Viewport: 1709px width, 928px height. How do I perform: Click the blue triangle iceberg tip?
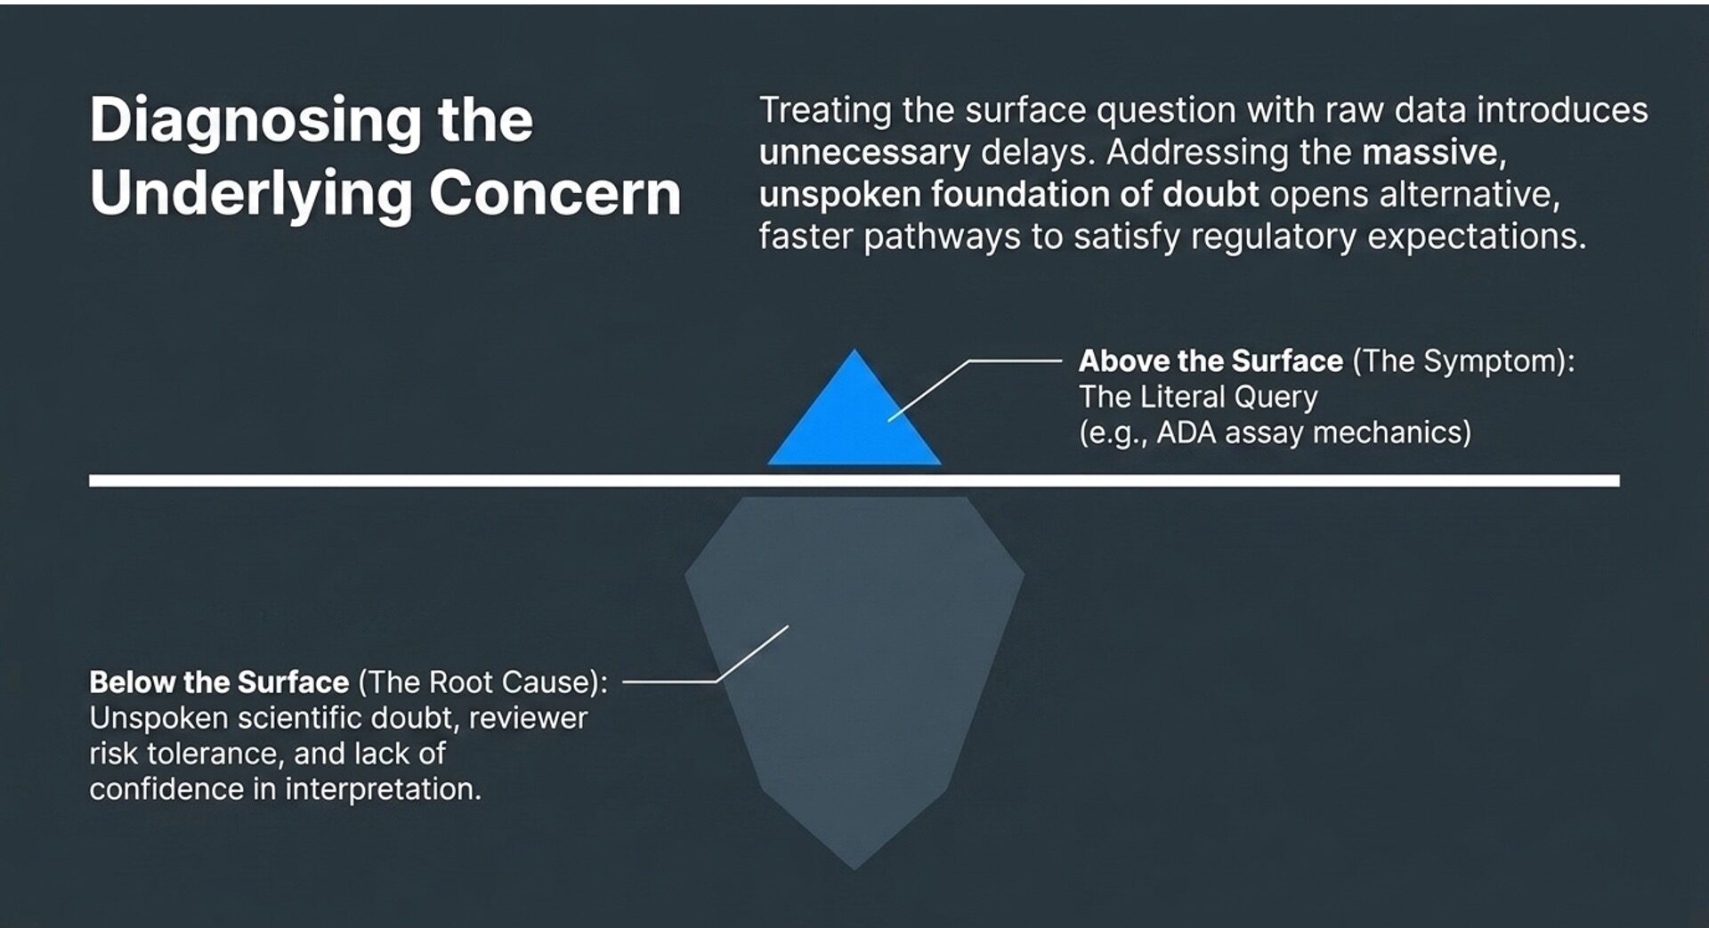854,418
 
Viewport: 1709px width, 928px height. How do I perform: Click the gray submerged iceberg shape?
854,676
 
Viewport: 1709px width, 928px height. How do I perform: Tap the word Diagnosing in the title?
255,122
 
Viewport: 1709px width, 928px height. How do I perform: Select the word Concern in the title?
555,193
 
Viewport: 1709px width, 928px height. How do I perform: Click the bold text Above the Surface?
1211,361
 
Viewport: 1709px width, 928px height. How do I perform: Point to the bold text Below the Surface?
219,682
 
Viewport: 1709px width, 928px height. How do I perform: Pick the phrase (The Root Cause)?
483,682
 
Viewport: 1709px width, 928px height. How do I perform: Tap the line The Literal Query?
1198,397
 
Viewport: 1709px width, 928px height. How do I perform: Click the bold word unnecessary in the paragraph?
864,153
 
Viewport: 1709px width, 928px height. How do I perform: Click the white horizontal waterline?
854,480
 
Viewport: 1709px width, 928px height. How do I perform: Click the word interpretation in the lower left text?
383,790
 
